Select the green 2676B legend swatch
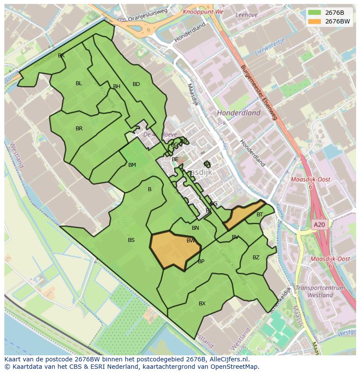(x=314, y=13)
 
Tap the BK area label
(x=61, y=56)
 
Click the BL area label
(x=79, y=83)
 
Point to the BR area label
(x=79, y=129)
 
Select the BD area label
(x=136, y=84)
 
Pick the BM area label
(x=132, y=165)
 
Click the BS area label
(x=131, y=240)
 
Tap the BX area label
(x=202, y=304)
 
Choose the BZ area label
(x=256, y=258)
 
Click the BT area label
(x=260, y=215)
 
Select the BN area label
(x=195, y=228)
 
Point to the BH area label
(x=117, y=86)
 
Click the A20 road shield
(x=319, y=225)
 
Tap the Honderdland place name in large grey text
(x=239, y=113)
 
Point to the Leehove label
(x=246, y=15)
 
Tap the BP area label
(x=201, y=261)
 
